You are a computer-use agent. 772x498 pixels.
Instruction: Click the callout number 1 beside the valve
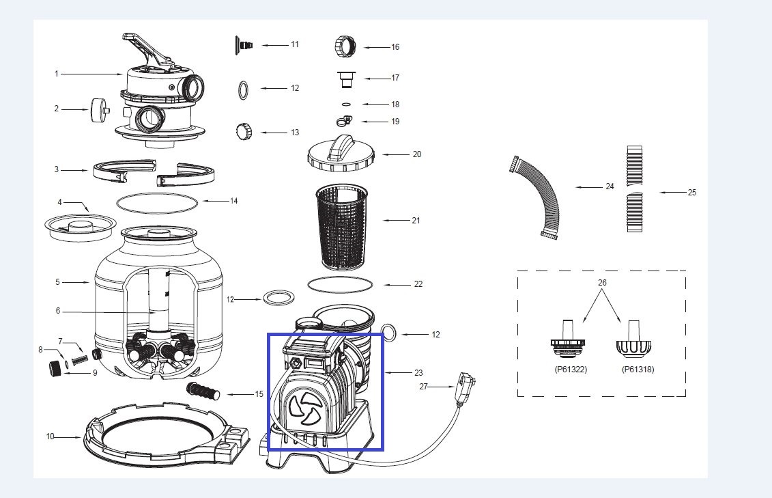57,74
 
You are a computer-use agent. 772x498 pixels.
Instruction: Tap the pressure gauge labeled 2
99,109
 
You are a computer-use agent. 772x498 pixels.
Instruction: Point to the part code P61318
638,369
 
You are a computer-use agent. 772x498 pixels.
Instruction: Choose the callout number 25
691,193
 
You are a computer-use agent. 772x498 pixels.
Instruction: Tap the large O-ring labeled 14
156,202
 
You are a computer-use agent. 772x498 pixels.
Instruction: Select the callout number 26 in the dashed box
601,282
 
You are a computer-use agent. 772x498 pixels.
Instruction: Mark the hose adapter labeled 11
244,44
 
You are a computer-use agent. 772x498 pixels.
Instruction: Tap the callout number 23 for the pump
418,373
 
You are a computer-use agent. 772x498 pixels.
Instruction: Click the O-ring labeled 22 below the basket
341,283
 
